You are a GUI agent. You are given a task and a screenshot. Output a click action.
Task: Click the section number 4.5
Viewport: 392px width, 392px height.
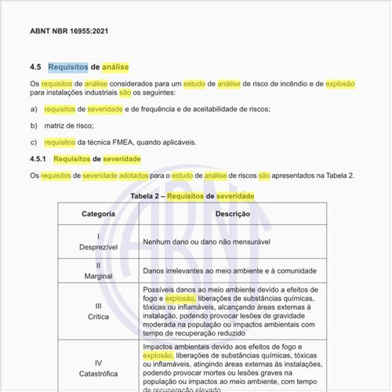tap(35, 67)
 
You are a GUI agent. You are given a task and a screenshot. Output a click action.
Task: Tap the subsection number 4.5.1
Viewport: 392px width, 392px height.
tap(38, 159)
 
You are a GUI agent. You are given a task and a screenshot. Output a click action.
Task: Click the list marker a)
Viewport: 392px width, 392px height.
tap(33, 109)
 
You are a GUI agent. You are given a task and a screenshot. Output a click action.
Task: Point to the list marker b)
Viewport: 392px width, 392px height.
tap(33, 125)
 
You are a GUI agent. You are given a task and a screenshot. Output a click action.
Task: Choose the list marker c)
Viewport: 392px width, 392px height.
tap(33, 142)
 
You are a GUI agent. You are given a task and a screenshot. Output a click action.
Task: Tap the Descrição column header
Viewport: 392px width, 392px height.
tap(232, 213)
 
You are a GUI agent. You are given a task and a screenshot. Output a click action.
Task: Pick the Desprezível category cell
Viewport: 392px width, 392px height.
tap(98, 241)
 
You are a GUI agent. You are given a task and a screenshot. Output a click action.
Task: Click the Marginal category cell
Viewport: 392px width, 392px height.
tap(98, 271)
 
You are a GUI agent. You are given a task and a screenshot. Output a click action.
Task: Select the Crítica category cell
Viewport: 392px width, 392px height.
tap(98, 310)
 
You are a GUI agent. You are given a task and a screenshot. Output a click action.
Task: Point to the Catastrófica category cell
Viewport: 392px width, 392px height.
tap(98, 368)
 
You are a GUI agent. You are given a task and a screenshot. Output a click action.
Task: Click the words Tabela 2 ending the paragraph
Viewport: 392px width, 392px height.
tap(339, 176)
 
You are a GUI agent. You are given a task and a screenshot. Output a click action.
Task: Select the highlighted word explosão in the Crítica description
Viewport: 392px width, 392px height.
tap(180, 299)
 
